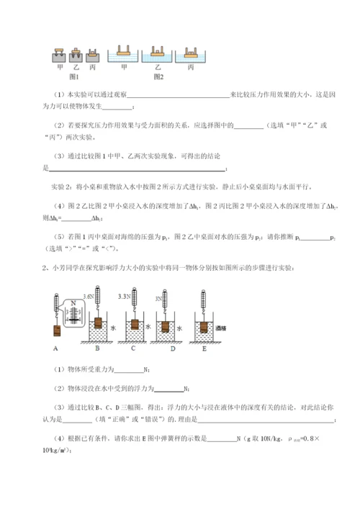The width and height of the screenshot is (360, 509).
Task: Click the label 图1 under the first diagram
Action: click(73, 75)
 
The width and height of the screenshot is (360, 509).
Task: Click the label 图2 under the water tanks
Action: click(158, 75)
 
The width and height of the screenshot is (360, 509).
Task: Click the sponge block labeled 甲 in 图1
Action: click(60, 55)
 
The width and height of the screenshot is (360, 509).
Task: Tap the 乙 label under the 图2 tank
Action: click(157, 66)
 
